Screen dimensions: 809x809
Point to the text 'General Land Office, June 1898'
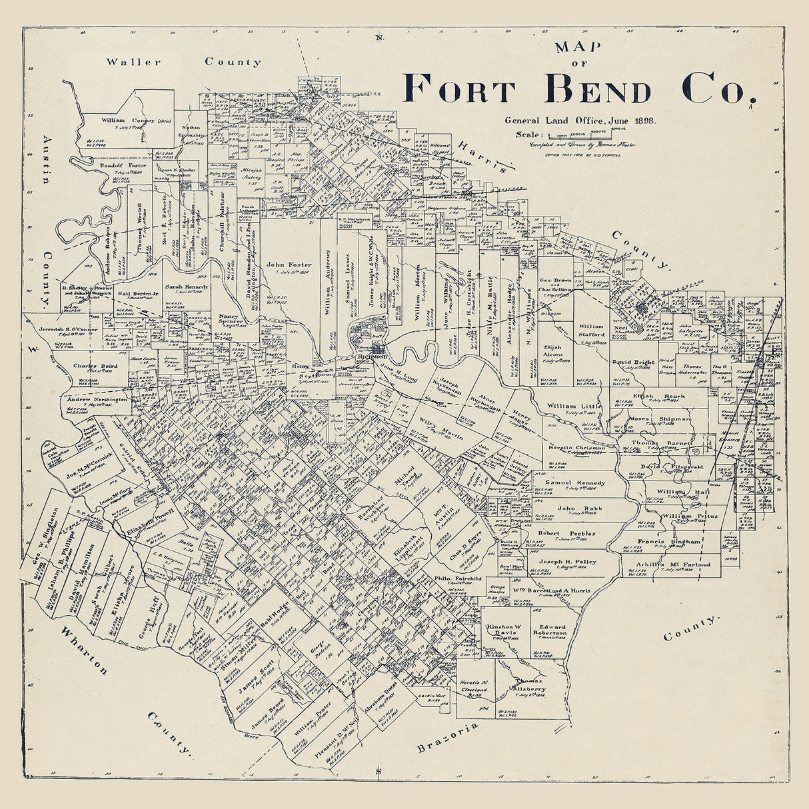click(x=580, y=121)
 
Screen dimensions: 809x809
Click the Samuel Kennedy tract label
click(x=575, y=482)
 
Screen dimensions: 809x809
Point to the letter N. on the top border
click(x=379, y=37)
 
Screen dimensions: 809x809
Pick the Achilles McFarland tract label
click(x=673, y=565)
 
